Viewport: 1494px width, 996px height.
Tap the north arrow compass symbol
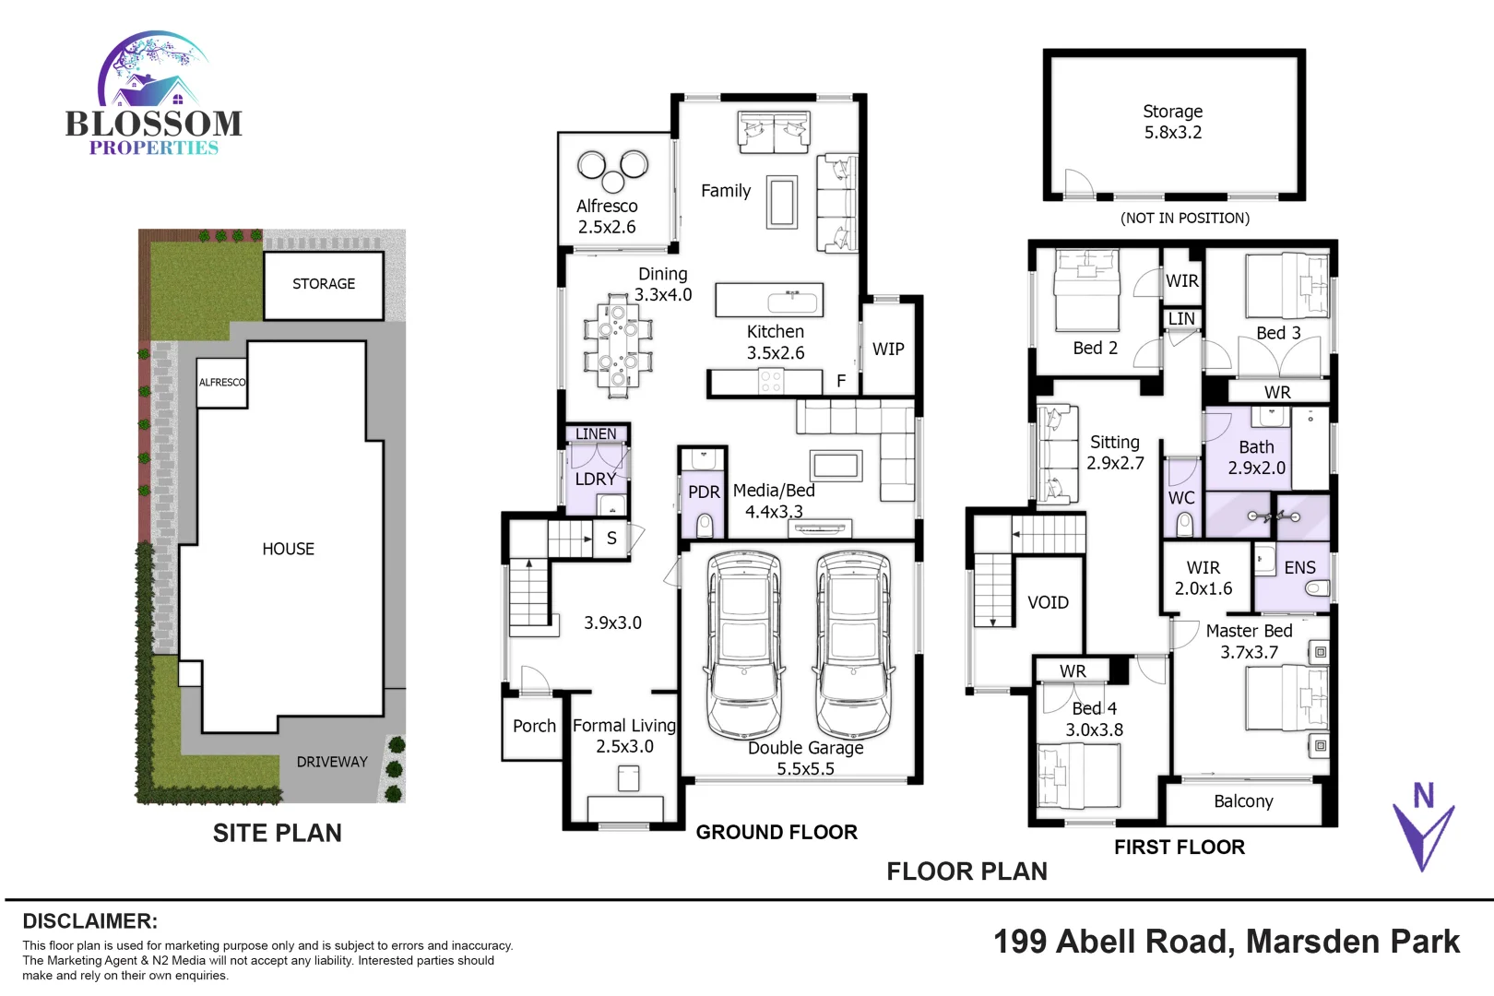click(x=1423, y=825)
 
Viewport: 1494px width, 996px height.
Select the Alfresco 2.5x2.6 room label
click(x=607, y=217)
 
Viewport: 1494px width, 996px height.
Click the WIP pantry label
click(x=888, y=349)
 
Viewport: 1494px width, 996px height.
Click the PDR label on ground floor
click(x=704, y=492)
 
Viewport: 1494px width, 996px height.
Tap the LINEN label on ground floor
click(x=596, y=433)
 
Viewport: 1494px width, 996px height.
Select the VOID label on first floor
click(x=1048, y=602)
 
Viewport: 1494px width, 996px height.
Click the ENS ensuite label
click(x=1299, y=568)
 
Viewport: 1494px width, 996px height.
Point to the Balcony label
click(x=1243, y=801)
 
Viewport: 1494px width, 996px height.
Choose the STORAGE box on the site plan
click(x=324, y=285)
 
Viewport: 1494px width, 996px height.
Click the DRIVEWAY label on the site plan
click(x=332, y=762)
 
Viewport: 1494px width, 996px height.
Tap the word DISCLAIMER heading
click(x=89, y=921)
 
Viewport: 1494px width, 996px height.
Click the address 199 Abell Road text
click(x=1226, y=942)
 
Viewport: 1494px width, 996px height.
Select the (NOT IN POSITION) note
click(x=1185, y=219)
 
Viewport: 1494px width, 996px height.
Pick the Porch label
click(x=534, y=726)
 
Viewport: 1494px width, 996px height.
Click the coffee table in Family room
click(x=782, y=202)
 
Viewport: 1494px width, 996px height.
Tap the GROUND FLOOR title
click(x=777, y=832)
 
